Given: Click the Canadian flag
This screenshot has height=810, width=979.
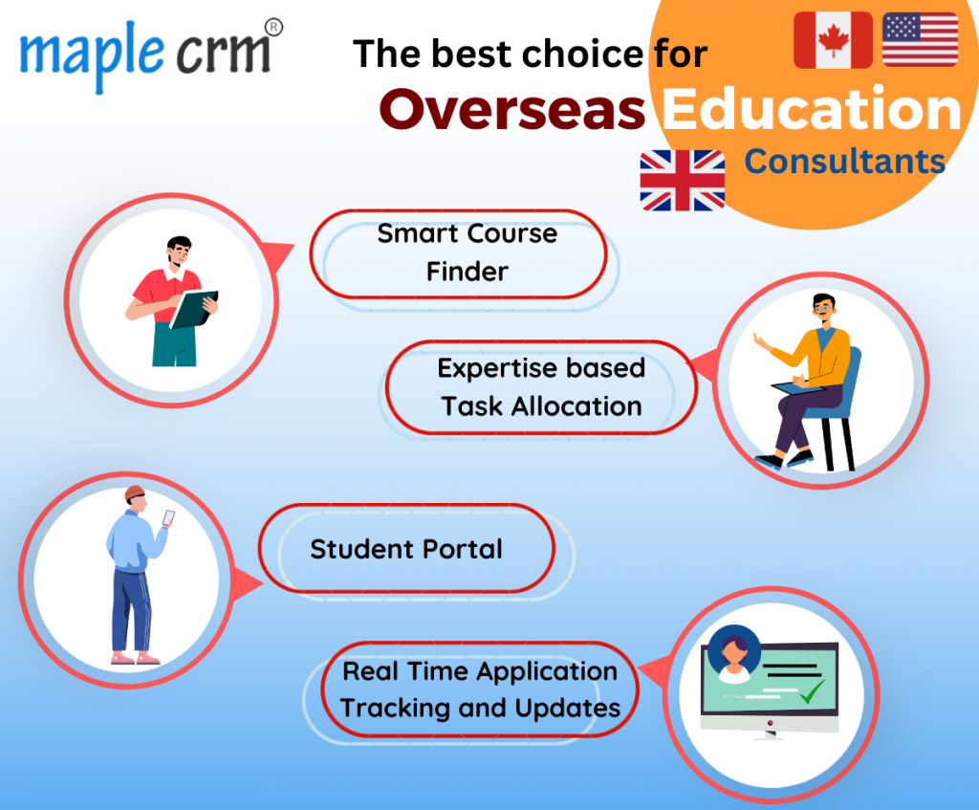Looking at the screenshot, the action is click(x=833, y=40).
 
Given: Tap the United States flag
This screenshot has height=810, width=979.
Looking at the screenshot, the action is click(x=921, y=39).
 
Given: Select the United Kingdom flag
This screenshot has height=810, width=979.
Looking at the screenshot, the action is click(x=683, y=181).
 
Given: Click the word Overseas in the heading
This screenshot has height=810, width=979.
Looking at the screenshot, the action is click(x=512, y=109).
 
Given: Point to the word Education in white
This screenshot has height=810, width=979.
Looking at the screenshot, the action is click(x=812, y=109).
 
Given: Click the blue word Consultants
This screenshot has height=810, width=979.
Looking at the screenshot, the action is click(x=845, y=162).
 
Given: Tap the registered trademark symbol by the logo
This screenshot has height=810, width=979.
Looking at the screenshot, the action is click(x=273, y=28).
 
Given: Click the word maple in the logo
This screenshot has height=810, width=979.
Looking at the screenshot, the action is click(x=92, y=55).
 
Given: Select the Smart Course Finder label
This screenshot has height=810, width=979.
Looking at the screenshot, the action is click(x=467, y=252).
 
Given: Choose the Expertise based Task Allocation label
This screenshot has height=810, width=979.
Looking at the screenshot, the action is click(x=541, y=387).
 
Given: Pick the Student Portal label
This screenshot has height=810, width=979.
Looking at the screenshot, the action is click(x=406, y=550).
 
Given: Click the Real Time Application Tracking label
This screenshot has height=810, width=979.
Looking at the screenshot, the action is click(x=480, y=690).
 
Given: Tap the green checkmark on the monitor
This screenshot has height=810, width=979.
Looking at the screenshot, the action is click(x=812, y=690).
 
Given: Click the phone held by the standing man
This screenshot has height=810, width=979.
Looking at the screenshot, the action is click(x=168, y=518).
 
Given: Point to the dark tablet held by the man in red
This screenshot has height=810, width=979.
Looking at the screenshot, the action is click(x=194, y=309).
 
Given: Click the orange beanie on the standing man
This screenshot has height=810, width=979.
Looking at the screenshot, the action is click(x=134, y=493).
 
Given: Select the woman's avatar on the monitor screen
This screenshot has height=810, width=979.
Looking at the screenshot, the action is click(x=734, y=656).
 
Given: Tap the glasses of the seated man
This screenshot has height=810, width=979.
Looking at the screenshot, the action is click(x=824, y=308).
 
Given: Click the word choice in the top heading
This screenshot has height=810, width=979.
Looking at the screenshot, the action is click(x=582, y=54).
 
